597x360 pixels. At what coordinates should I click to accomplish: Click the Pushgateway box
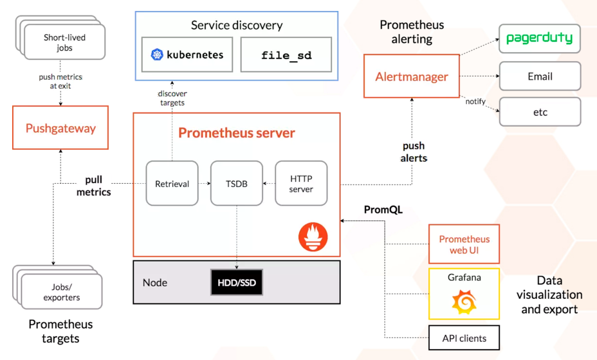click(x=60, y=128)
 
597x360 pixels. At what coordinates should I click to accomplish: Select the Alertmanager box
click(x=412, y=76)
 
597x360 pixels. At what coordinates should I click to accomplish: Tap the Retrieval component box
click(x=172, y=183)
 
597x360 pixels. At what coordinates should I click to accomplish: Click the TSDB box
click(x=236, y=183)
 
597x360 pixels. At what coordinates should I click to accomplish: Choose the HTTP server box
click(x=301, y=183)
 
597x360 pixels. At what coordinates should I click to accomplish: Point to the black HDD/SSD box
click(x=237, y=282)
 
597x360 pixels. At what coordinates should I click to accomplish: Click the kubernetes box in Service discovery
click(x=187, y=55)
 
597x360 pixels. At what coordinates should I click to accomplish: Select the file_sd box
click(x=286, y=55)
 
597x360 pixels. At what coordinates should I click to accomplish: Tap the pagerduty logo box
click(x=540, y=39)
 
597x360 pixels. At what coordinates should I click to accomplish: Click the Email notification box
click(x=540, y=76)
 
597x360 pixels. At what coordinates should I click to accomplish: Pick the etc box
click(x=540, y=112)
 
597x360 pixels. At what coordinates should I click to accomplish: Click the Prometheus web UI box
click(x=464, y=244)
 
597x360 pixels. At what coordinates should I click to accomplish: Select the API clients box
click(x=464, y=338)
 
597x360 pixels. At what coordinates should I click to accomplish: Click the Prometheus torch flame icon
click(x=313, y=236)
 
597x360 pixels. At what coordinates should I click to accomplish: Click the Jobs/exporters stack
click(x=61, y=292)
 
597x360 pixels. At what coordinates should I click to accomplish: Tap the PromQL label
click(x=383, y=210)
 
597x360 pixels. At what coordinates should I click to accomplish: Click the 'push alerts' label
click(x=414, y=152)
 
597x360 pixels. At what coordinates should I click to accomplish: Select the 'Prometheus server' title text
click(x=236, y=133)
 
